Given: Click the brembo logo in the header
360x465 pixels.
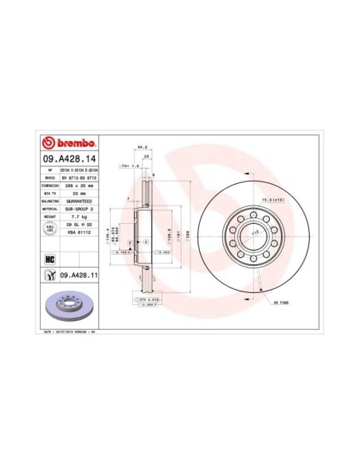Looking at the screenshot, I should [67, 143].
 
